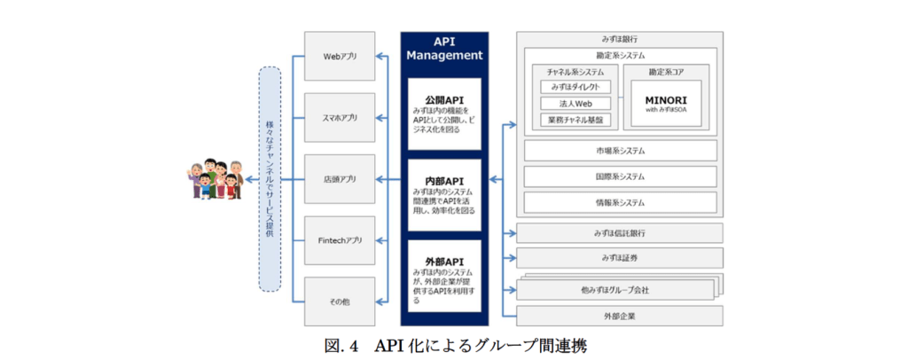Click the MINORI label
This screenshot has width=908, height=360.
coord(669,100)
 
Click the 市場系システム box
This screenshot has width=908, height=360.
coord(620,151)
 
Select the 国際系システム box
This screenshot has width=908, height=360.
coord(620,176)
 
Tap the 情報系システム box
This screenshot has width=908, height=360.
coord(620,202)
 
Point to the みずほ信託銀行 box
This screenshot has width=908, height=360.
coord(620,233)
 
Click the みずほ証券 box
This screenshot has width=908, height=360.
coord(620,258)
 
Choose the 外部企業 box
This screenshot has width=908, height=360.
coord(620,316)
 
